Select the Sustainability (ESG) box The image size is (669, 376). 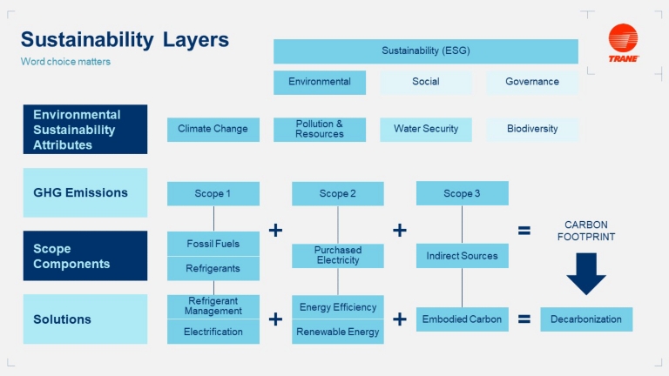(x=425, y=51)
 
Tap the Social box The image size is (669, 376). (x=425, y=82)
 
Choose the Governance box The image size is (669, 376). (x=531, y=82)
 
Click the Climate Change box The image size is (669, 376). (x=213, y=129)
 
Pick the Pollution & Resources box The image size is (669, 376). (x=319, y=129)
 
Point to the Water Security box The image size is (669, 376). (x=425, y=129)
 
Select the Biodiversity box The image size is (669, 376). (x=531, y=129)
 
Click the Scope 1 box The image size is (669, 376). (x=213, y=193)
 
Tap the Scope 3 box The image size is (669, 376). (x=462, y=193)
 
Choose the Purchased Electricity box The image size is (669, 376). (x=337, y=255)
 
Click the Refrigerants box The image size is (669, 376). (x=213, y=268)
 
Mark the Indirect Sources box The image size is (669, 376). (x=462, y=256)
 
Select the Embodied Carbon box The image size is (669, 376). (x=462, y=319)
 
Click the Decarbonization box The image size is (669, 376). (x=586, y=319)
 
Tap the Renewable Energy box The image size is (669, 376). (x=337, y=332)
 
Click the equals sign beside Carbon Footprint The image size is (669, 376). (x=524, y=231)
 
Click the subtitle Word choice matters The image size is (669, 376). (x=65, y=62)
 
